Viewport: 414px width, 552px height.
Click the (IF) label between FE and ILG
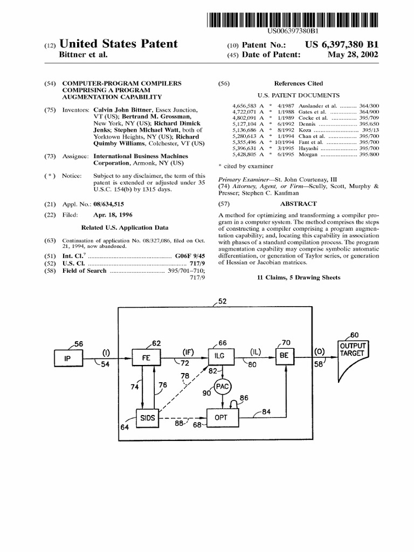click(188, 352)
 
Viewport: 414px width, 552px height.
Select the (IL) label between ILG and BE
click(254, 352)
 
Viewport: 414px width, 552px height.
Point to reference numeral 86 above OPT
click(243, 398)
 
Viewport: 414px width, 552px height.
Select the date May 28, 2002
click(357, 54)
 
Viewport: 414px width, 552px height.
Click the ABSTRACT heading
click(298, 204)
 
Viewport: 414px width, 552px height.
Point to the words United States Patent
click(121, 43)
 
